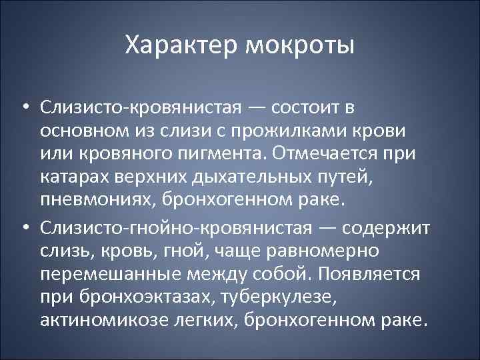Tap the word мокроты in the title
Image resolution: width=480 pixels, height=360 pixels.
click(x=300, y=46)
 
